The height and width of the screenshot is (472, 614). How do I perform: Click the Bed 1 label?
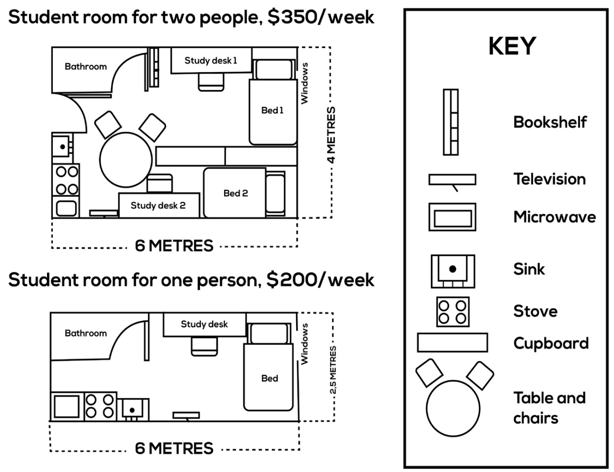272,110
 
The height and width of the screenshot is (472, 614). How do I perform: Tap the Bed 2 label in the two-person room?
235,193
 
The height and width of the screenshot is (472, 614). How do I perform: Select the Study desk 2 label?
158,205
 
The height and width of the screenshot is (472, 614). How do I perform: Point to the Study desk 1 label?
211,61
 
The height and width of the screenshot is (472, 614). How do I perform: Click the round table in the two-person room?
126,159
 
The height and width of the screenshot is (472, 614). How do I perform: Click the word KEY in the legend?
512,46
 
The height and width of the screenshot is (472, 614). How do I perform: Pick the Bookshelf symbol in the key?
450,122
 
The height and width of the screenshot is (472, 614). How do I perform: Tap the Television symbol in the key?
452,180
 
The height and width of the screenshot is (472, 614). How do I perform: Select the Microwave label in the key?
554,217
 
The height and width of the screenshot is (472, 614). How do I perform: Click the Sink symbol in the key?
453,271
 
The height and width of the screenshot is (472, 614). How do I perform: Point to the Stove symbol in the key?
453,311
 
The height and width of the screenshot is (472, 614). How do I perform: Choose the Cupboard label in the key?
551,343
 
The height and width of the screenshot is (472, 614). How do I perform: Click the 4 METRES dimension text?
331,135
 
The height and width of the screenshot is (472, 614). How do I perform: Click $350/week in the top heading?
320,17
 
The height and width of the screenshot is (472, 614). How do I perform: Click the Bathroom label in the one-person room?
85,333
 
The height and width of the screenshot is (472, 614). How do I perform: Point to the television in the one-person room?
186,415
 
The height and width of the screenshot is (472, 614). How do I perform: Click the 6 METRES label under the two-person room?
174,245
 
